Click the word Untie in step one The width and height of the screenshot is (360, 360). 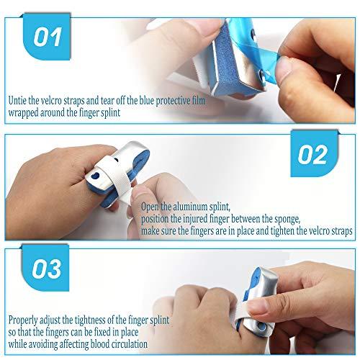click(18, 101)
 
